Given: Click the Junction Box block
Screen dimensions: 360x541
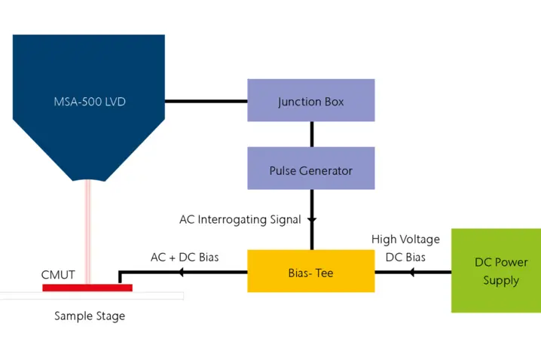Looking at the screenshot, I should click(310, 101).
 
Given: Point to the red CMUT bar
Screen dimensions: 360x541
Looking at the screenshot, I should click(87, 287).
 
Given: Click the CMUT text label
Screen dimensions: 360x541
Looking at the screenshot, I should click(58, 275).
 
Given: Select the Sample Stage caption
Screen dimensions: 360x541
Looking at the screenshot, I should click(90, 316).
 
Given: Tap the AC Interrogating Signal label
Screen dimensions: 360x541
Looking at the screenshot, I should click(240, 220).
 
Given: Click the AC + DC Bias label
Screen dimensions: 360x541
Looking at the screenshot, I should click(185, 258).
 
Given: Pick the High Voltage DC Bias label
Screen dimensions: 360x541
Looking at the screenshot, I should click(405, 249).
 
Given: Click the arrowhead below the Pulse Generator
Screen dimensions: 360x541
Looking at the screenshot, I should click(310, 220).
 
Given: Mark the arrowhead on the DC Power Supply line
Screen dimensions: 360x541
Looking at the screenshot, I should click(411, 271).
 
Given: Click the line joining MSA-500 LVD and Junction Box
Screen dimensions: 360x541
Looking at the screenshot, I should click(206, 101).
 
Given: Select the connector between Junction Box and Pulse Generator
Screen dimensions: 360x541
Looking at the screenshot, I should click(310, 135).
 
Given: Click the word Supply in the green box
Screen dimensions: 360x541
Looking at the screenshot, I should click(501, 280).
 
